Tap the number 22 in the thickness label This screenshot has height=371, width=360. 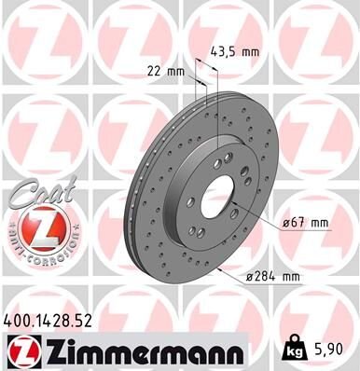pos(154,69)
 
